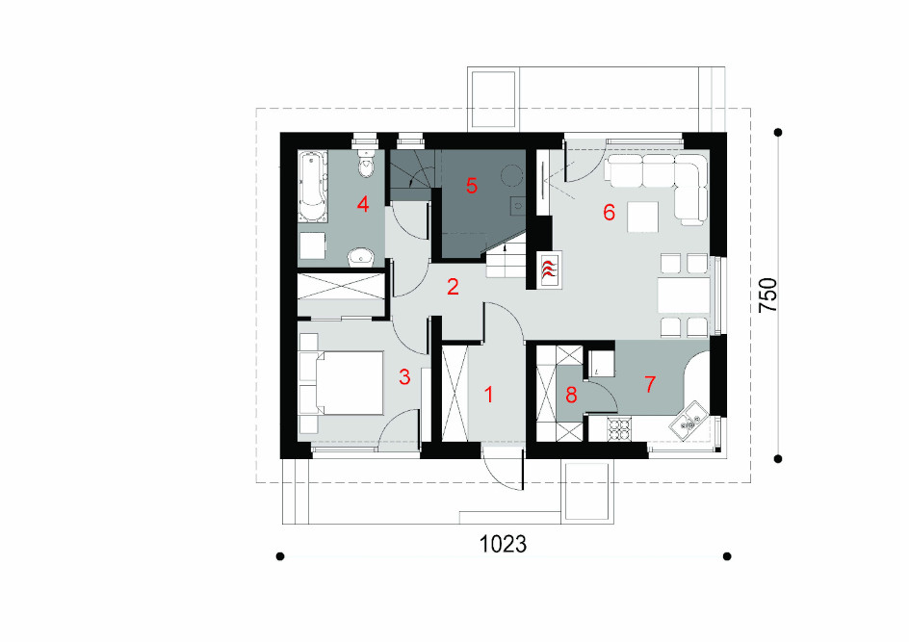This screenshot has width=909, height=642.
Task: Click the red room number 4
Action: [x=363, y=204]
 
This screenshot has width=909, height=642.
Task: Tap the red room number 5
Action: [x=471, y=186]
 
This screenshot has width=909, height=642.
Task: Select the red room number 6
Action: [x=609, y=213]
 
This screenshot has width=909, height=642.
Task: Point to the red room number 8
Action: [x=571, y=396]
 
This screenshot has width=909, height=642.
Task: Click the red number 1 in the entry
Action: [x=489, y=395]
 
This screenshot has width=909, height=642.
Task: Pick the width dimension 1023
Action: [x=504, y=544]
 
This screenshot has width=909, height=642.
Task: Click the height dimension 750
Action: [x=768, y=295]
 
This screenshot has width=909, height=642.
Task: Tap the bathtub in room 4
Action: [x=312, y=187]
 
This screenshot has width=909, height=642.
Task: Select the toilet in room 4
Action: [x=366, y=163]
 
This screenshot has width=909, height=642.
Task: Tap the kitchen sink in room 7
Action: [x=688, y=421]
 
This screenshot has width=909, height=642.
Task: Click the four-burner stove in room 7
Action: [x=618, y=429]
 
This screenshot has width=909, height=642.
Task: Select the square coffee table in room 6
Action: [x=642, y=217]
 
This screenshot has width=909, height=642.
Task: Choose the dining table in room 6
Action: [x=684, y=295]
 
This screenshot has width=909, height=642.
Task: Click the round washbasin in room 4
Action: [x=361, y=256]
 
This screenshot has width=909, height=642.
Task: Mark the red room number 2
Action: [x=453, y=286]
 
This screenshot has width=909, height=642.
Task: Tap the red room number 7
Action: [x=650, y=384]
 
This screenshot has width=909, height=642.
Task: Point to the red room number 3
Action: [x=404, y=377]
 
